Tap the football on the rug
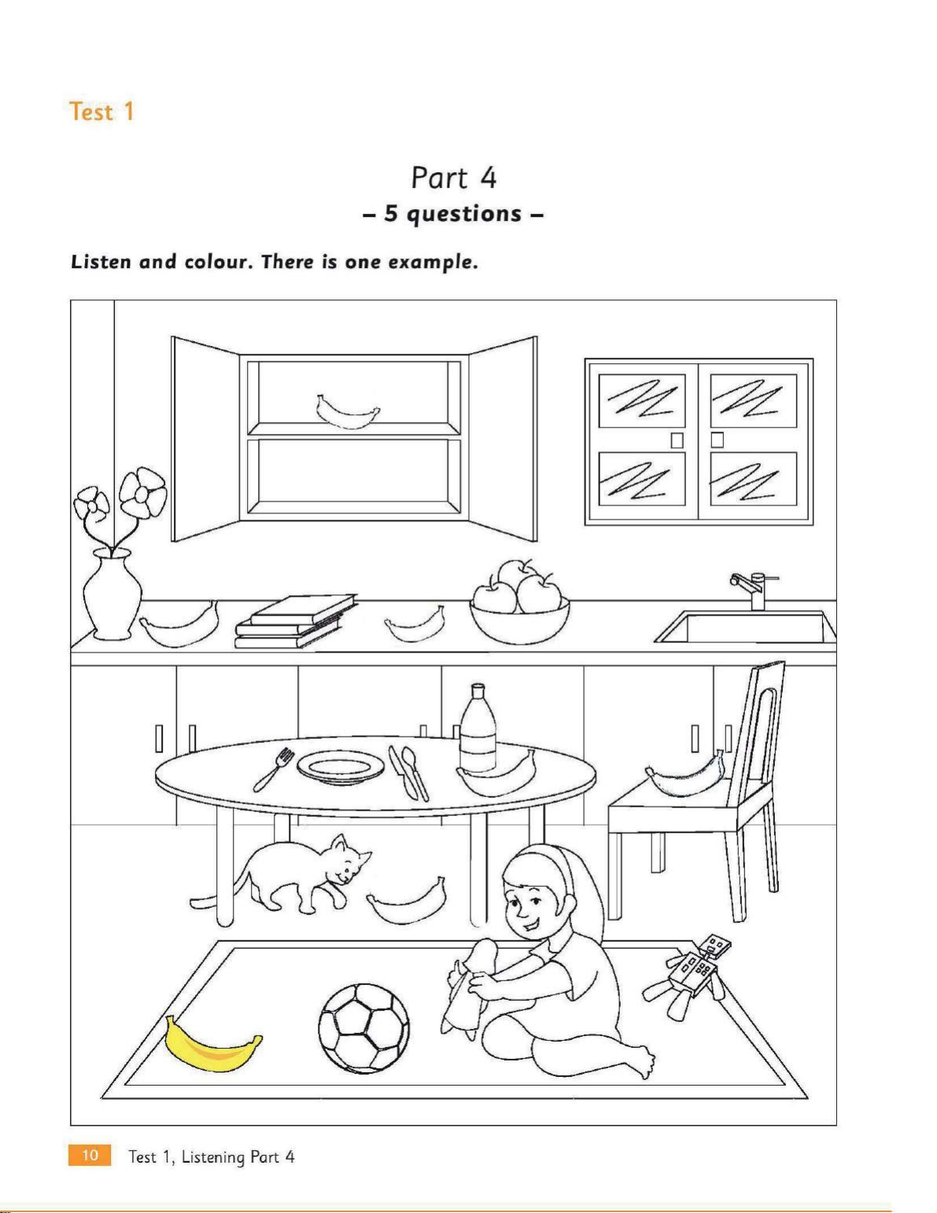pyautogui.click(x=363, y=1028)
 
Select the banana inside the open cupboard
pyautogui.click(x=347, y=411)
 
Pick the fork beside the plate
pyautogui.click(x=273, y=769)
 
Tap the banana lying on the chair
pyautogui.click(x=685, y=775)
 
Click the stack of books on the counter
pyautogui.click(x=296, y=621)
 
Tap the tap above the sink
pyautogui.click(x=754, y=590)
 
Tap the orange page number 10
pyautogui.click(x=90, y=1155)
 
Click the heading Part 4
pyautogui.click(x=453, y=178)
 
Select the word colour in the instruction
pyautogui.click(x=213, y=262)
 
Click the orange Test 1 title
pyautogui.click(x=101, y=112)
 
